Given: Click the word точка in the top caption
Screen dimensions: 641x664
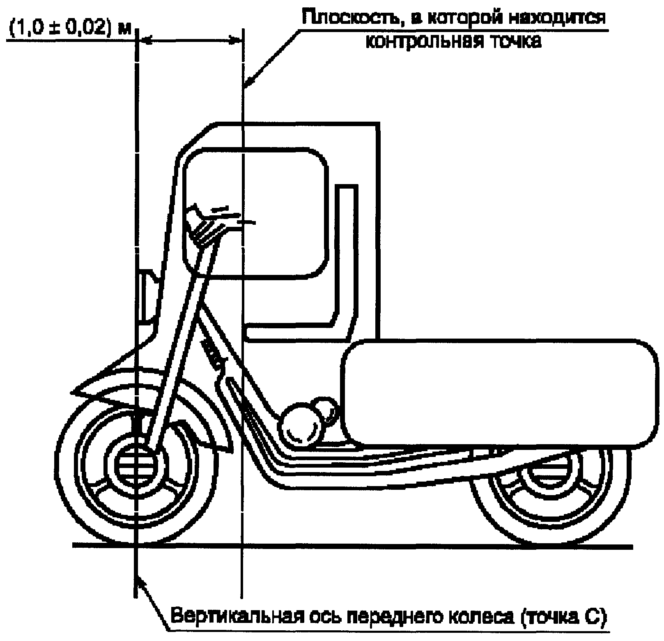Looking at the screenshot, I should point(513,42).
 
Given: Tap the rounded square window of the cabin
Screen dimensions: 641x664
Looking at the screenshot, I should point(255,214).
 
